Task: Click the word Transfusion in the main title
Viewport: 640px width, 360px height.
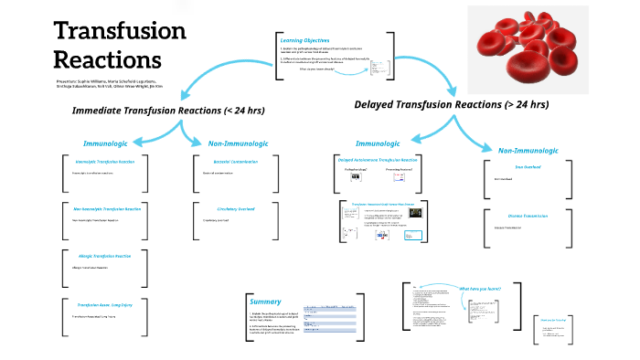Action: pos(120,30)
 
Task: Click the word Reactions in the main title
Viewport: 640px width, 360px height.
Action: pos(107,59)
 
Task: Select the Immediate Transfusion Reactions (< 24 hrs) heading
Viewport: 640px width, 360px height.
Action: pos(168,111)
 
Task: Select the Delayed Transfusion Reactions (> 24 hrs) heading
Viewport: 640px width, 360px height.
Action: pos(452,104)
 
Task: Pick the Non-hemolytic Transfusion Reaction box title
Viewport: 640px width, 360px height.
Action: pos(107,209)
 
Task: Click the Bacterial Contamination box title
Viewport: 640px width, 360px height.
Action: pos(227,162)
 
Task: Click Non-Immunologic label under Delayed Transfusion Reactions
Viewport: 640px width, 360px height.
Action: pos(529,149)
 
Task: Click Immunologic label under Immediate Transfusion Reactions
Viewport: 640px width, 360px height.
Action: pos(112,143)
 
